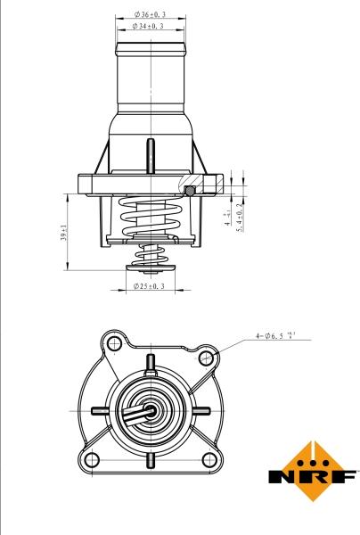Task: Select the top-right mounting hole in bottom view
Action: pyautogui.click(x=207, y=358)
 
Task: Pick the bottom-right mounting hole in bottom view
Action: pyautogui.click(x=210, y=460)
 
